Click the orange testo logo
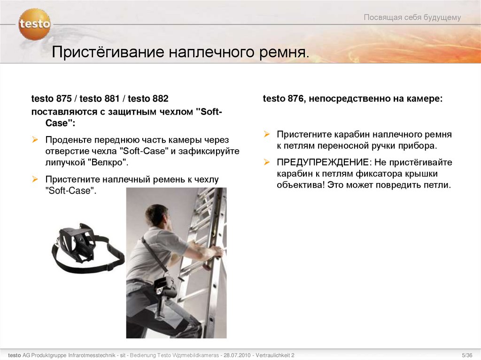(x=34, y=24)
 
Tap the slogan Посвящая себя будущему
(x=412, y=18)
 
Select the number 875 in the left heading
(x=63, y=99)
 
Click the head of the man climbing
(x=157, y=215)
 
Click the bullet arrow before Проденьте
(x=35, y=140)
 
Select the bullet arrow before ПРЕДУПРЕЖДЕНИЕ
(x=266, y=162)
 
